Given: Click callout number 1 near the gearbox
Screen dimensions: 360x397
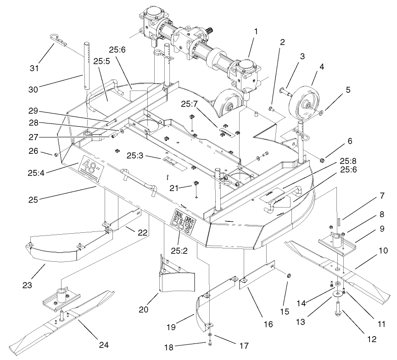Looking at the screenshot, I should pos(256,32).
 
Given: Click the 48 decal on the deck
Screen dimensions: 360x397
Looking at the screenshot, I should pos(90,166).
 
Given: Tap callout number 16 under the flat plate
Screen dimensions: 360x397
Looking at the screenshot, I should pos(268,324).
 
